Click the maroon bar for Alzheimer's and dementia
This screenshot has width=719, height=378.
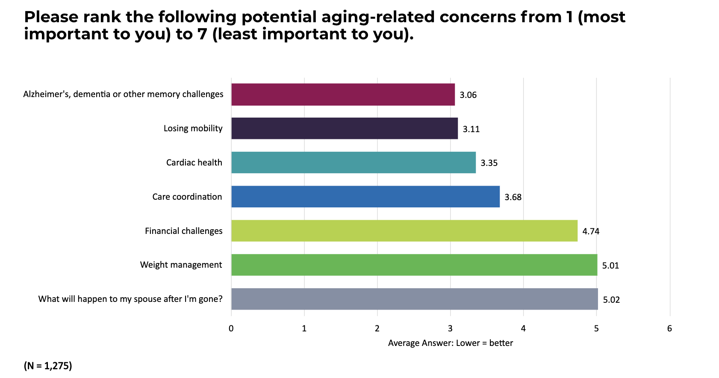point(343,94)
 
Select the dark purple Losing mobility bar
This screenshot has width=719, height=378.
point(345,128)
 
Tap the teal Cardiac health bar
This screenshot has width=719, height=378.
point(354,162)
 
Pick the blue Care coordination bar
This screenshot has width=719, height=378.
point(365,197)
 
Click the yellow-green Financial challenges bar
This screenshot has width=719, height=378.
point(404,231)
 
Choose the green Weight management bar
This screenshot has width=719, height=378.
point(414,265)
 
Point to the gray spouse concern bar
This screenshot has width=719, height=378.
point(415,299)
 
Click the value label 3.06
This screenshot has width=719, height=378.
point(468,95)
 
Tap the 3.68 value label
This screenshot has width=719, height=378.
point(513,197)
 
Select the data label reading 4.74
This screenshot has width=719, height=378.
point(591,231)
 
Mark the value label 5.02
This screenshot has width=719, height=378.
point(611,300)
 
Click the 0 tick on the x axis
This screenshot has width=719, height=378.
point(231,328)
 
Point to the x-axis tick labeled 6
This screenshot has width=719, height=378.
point(669,328)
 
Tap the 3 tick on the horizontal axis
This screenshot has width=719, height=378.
point(450,328)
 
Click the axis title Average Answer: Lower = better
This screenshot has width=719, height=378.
point(450,343)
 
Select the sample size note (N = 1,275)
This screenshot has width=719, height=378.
point(48,366)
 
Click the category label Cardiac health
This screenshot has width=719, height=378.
point(194,162)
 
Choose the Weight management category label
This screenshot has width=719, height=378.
point(181,265)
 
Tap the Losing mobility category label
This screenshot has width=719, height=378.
point(193,128)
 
